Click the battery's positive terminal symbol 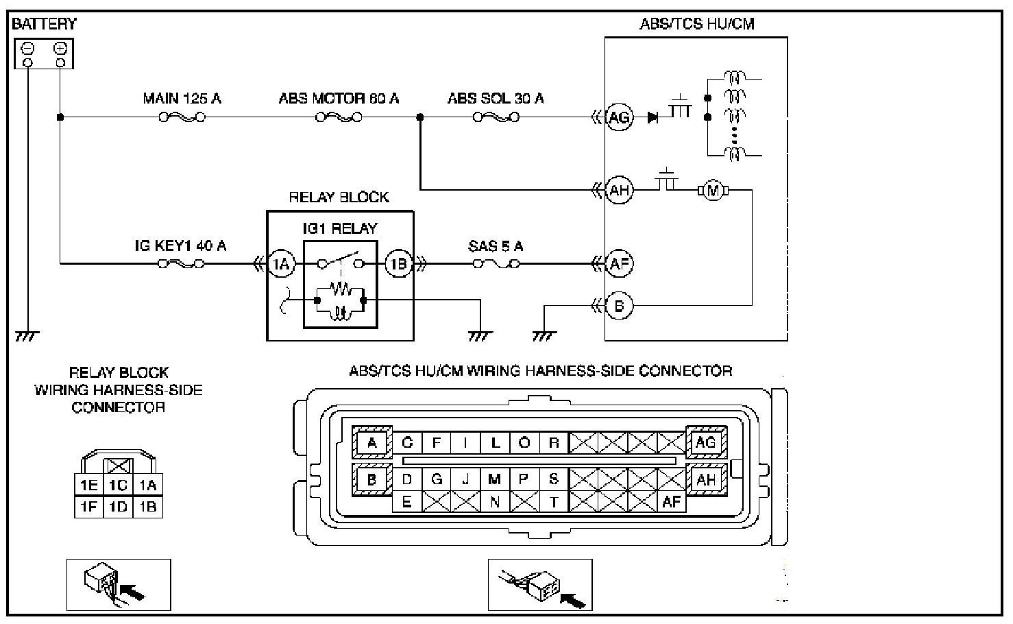pos(60,48)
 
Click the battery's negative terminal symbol pos(28,48)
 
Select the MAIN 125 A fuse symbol pos(182,118)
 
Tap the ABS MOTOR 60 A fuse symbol pos(339,118)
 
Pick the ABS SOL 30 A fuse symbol pos(496,118)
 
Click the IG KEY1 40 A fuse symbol pos(181,264)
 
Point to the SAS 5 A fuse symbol pos(496,264)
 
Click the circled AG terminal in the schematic pos(619,118)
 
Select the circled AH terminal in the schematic pos(619,190)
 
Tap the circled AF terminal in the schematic pos(619,264)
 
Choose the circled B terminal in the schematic pos(619,306)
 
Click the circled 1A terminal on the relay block pos(281,264)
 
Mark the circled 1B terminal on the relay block pos(398,264)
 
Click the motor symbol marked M pos(713,191)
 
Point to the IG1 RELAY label pos(340,228)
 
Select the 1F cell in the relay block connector pos(89,507)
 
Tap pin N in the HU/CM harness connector pos(496,502)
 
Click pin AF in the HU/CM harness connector pos(671,502)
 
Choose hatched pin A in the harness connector pos(372,442)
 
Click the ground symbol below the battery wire pos(27,337)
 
